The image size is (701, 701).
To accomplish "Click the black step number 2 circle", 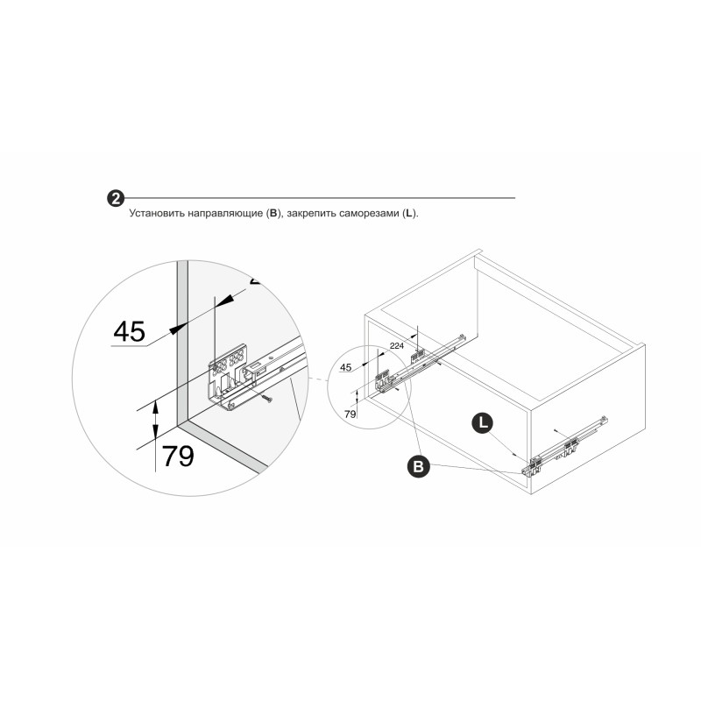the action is point(116,199).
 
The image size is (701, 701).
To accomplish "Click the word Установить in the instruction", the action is point(157,213).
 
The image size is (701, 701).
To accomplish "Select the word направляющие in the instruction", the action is point(225,214).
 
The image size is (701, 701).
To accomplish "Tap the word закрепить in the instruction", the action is point(311,214).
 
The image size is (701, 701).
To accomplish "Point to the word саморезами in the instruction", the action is point(368,214).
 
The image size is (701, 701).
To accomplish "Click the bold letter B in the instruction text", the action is point(273,213).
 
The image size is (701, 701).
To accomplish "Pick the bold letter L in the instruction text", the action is point(408,213).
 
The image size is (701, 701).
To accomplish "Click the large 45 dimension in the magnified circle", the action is point(129,331).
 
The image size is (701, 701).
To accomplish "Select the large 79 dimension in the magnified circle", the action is point(178,456).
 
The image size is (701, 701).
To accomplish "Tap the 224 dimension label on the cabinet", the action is point(397,345).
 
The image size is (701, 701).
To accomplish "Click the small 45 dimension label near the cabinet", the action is point(345,367).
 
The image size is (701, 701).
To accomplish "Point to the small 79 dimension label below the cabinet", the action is point(350,414).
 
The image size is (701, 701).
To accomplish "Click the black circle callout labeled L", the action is point(483,423).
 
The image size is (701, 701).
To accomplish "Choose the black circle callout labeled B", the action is point(419,467).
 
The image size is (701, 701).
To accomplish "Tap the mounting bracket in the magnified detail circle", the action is point(228,375).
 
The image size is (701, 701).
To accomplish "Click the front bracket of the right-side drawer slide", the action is point(534,465).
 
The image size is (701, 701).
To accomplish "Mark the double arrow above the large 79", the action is point(155,420).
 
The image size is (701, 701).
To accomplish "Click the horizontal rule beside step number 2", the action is point(320,198).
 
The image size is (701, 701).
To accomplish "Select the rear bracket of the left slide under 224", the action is point(418,357).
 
